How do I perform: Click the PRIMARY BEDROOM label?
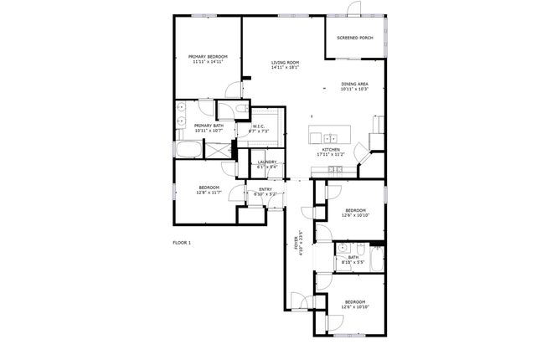pos(208,56)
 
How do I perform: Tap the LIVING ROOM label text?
pos(285,63)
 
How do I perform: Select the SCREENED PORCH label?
pos(354,38)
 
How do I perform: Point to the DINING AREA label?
pos(355,84)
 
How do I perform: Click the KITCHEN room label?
pos(330,150)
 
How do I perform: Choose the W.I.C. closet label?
pos(260,126)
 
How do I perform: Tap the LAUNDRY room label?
pos(267,162)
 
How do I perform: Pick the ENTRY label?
pos(265,189)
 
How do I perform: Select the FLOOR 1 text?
pos(182,242)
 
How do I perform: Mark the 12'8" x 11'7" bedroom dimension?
pos(209,193)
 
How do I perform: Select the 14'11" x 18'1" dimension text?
pos(285,68)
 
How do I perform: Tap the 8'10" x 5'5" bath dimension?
pos(353,263)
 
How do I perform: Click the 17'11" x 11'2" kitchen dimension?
pos(330,155)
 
